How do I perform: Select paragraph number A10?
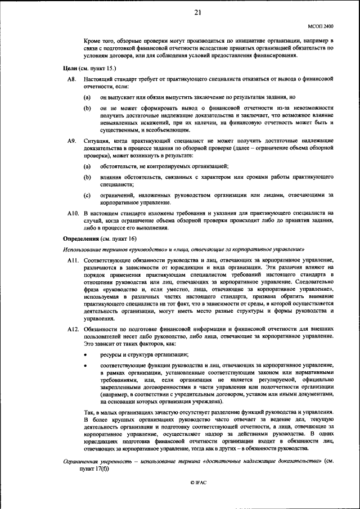(73, 214)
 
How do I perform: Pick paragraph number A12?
(73, 328)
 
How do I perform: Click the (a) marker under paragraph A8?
(87, 97)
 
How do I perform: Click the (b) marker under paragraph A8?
(87, 107)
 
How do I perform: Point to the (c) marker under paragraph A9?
(87, 195)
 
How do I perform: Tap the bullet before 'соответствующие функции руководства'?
(86, 366)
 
